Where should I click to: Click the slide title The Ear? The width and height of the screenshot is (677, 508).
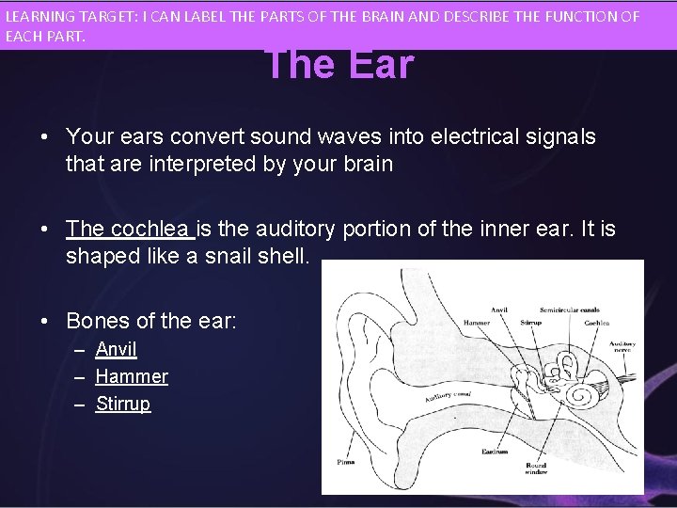click(339, 64)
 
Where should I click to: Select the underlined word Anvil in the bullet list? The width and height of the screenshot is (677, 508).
click(117, 349)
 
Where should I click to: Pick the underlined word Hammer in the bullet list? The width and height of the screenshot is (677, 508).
click(132, 376)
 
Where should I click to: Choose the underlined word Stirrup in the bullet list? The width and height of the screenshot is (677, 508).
click(123, 404)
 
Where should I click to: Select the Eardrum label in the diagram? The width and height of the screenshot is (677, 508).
click(496, 452)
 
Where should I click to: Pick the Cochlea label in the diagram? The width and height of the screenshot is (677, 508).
click(596, 323)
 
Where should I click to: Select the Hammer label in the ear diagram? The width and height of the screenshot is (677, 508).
click(477, 323)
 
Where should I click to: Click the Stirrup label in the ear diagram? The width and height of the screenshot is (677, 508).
click(530, 323)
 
